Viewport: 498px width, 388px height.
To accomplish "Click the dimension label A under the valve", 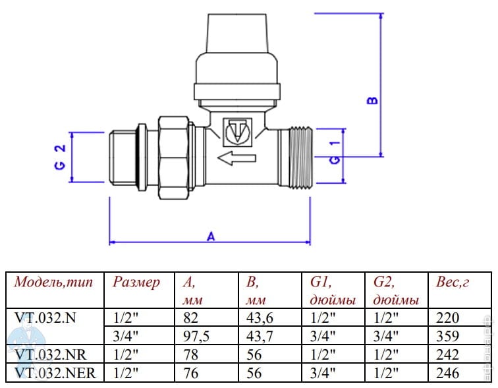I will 211,236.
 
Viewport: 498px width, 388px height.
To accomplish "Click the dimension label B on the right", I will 372,99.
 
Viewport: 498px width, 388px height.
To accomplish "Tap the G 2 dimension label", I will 59,157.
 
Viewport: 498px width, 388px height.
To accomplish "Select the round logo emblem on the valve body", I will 237,132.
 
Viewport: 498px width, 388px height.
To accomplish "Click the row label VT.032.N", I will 45,318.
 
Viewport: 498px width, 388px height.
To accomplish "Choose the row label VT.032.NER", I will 55,372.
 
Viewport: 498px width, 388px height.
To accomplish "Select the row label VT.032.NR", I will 50,354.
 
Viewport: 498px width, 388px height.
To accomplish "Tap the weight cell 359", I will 448,336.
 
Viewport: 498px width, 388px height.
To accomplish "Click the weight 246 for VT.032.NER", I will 448,372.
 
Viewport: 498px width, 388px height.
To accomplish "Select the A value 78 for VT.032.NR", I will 190,354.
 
